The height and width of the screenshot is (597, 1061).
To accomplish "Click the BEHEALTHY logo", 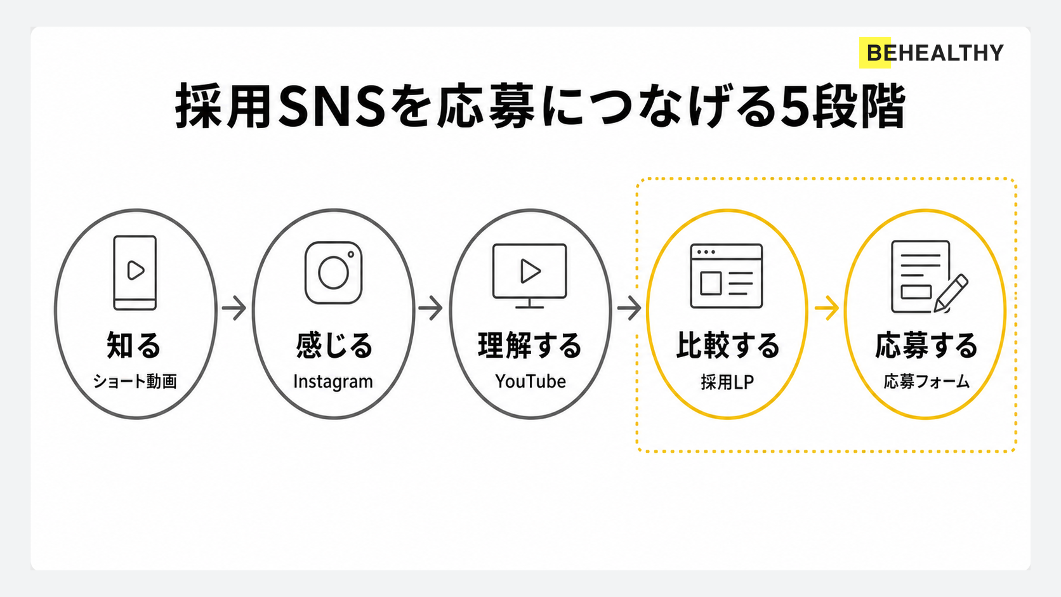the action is click(931, 53).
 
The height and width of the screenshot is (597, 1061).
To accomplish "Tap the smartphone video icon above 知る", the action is click(135, 273).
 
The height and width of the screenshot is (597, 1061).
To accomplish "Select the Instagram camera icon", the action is click(333, 273).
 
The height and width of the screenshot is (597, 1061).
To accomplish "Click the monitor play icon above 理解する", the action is click(530, 275).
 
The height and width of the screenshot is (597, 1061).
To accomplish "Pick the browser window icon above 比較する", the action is click(727, 276).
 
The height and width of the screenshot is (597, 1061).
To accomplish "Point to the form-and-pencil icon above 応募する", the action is click(929, 277).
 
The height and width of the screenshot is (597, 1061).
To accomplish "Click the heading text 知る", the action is click(133, 345).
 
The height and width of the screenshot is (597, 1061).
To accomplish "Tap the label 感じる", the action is click(334, 345).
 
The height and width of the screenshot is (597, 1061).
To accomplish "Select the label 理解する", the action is click(530, 345).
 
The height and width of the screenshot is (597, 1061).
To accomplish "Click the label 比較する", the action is click(728, 345).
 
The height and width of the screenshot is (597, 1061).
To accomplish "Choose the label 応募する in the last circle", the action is click(926, 345).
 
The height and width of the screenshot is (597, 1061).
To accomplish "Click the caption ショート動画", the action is click(135, 381).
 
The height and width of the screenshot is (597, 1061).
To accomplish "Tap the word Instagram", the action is click(333, 381).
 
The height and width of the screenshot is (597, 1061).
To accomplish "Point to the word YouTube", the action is click(530, 381).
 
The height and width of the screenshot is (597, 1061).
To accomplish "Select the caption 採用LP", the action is click(727, 381).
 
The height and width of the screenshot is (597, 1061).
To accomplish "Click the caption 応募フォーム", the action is click(926, 381).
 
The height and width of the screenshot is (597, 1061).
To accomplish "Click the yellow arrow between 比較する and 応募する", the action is click(827, 308).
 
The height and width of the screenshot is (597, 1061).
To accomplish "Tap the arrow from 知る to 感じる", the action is click(234, 308).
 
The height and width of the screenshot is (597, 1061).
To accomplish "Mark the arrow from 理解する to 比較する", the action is click(629, 308).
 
